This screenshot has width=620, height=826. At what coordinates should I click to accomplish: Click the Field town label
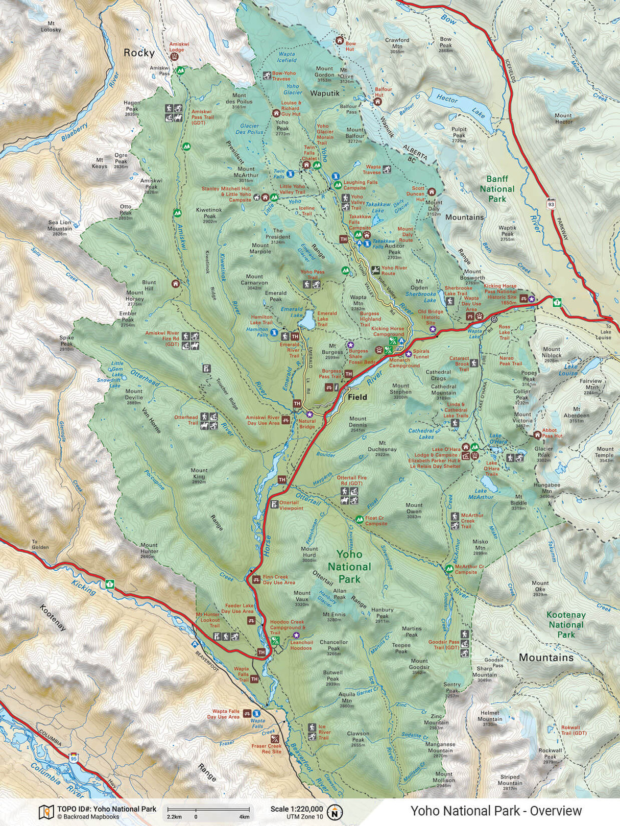click(357, 397)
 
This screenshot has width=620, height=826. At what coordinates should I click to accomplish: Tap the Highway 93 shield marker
click(551, 204)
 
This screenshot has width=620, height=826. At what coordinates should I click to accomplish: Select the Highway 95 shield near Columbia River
click(75, 757)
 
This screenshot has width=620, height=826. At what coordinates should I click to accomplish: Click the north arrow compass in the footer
click(336, 811)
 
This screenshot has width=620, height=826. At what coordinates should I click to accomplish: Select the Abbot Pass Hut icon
click(537, 435)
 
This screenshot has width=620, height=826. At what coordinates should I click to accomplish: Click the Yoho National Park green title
click(349, 567)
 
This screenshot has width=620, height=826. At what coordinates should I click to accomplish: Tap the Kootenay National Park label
click(566, 625)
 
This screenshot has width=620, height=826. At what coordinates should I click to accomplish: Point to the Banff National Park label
click(497, 189)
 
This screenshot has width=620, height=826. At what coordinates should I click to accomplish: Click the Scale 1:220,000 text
click(296, 809)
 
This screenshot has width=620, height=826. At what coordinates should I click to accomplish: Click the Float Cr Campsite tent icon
click(359, 520)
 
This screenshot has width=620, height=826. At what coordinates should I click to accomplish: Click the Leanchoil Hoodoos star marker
click(296, 635)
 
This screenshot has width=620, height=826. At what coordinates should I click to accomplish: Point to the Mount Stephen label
click(400, 389)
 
